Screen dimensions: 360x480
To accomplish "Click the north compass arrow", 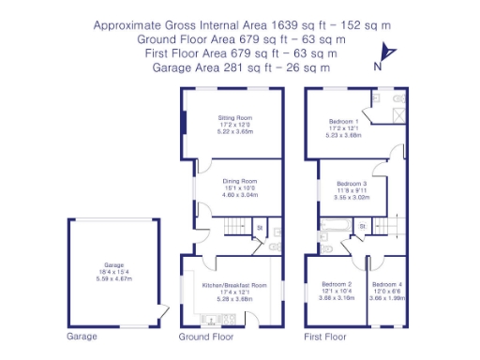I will [391, 54].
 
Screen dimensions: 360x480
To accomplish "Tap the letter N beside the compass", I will [377, 66].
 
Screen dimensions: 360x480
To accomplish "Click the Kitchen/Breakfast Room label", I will [234, 284].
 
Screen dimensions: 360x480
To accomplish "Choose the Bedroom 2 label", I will [337, 284].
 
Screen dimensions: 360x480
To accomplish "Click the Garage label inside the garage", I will [112, 263].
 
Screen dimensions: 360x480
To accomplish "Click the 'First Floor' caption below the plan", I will [325, 336].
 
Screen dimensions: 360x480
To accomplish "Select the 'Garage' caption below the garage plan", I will [82, 336].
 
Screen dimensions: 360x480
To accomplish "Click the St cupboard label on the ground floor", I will [260, 227].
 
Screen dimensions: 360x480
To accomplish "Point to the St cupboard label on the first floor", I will [362, 226].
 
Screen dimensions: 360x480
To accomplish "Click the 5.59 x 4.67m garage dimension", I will [112, 278].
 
